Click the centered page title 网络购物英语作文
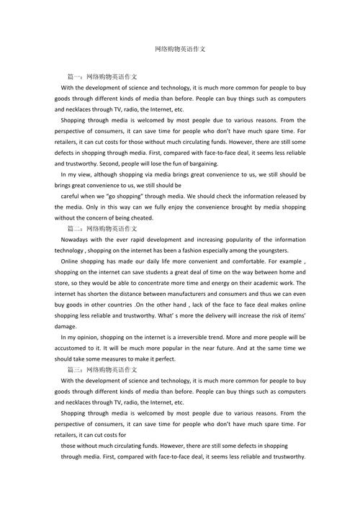pos(180,48)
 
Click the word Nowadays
pos(76,239)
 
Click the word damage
pos(66,326)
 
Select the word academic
pos(269,283)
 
